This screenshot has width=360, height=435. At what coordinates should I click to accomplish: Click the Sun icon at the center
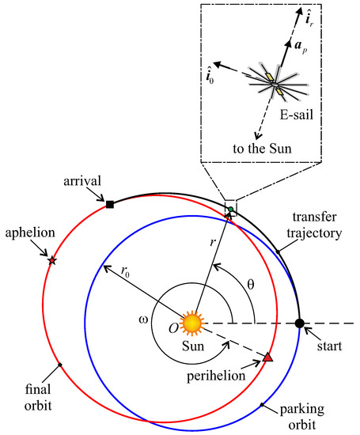[x=191, y=323]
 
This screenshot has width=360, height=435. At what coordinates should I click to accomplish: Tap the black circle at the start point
[x=299, y=323]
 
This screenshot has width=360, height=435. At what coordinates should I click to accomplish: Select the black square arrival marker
[x=110, y=205]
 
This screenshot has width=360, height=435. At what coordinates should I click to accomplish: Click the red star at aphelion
[x=52, y=260]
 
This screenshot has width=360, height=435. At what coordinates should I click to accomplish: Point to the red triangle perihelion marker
[x=267, y=358]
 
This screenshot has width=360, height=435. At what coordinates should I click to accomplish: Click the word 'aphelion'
[x=26, y=237]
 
